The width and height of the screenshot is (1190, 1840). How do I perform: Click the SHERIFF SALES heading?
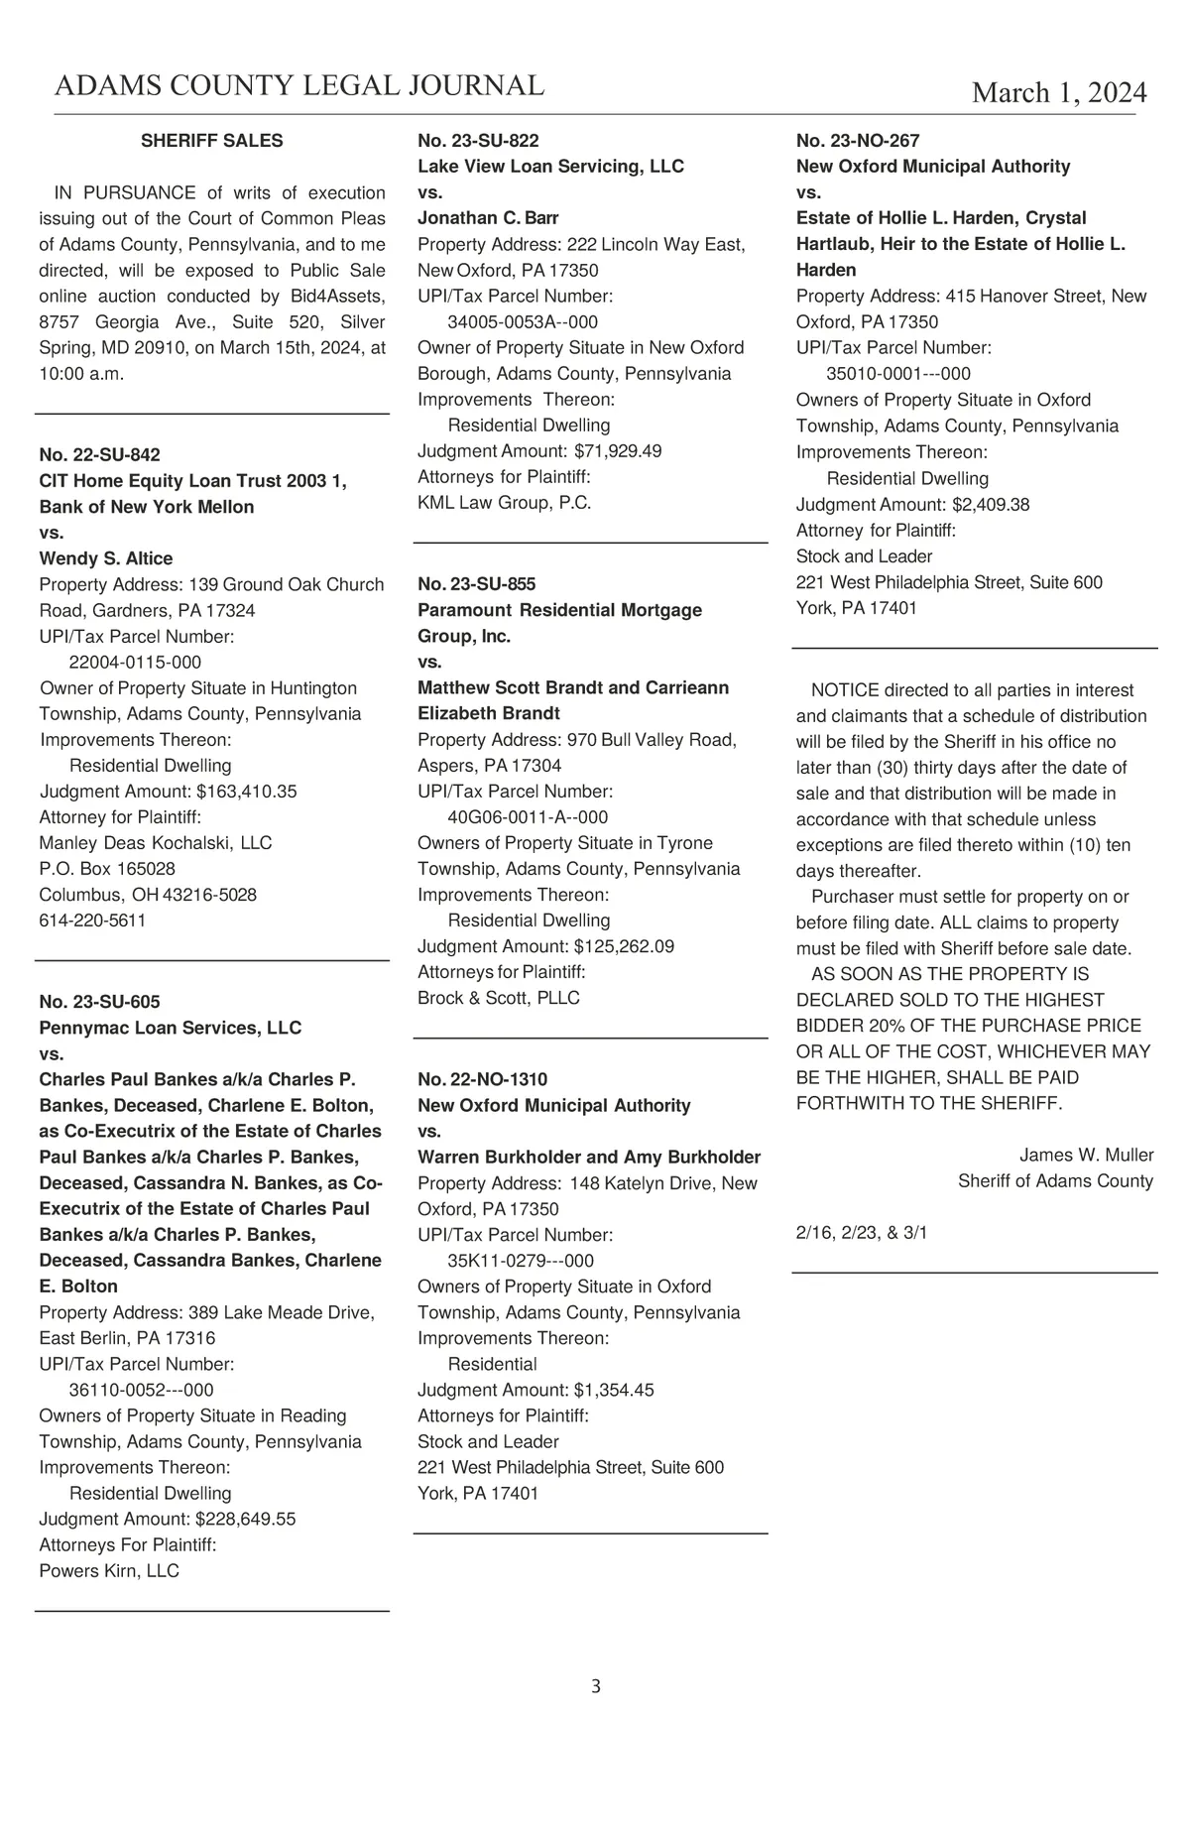[x=211, y=141]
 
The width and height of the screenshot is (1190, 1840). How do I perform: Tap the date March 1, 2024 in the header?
[x=1058, y=92]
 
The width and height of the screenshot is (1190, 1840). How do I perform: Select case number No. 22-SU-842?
[x=99, y=454]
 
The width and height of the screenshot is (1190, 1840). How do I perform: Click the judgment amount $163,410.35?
[x=246, y=792]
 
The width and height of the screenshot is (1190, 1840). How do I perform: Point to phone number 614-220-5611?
[x=92, y=920]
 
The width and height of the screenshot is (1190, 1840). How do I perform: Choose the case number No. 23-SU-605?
[x=99, y=1002]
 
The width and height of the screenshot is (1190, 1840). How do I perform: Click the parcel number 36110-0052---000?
[x=141, y=1390]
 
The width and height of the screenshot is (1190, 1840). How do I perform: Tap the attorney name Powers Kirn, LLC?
[x=109, y=1570]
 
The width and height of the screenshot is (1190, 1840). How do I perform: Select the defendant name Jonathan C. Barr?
[x=488, y=218]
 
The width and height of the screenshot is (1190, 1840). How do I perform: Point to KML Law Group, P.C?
[x=504, y=503]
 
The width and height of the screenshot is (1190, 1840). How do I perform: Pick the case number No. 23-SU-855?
[x=477, y=584]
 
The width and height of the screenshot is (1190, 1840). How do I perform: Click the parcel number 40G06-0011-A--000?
[x=528, y=817]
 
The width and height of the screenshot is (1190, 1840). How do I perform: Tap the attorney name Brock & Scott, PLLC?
[x=498, y=998]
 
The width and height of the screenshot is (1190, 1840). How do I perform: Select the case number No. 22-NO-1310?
[x=483, y=1079]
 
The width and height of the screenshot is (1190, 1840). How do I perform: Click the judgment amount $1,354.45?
[x=613, y=1390]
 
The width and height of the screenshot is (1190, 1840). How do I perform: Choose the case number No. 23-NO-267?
[x=858, y=141]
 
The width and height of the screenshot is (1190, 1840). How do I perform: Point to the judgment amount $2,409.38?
[x=990, y=505]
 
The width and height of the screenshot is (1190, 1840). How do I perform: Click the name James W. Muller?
[x=1086, y=1155]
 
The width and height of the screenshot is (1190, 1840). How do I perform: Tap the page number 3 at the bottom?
[x=595, y=1686]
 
